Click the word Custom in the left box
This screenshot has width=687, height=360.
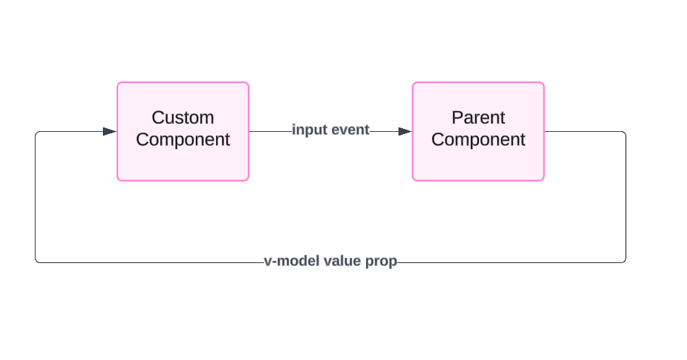click(183, 117)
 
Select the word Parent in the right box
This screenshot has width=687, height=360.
click(478, 117)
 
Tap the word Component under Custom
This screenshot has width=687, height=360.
click(183, 140)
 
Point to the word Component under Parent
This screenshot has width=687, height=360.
click(478, 140)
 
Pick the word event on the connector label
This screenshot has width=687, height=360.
click(351, 130)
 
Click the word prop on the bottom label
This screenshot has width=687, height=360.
click(381, 261)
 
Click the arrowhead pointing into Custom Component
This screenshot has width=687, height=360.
click(109, 131)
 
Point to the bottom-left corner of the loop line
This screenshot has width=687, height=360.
click(36, 261)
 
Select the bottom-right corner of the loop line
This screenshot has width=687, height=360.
click(625, 261)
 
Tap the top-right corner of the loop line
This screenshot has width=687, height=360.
click(625, 133)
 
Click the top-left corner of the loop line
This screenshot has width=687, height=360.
click(36, 133)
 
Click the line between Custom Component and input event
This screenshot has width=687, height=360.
click(270, 131)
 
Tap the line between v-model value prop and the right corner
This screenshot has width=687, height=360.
click(507, 262)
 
